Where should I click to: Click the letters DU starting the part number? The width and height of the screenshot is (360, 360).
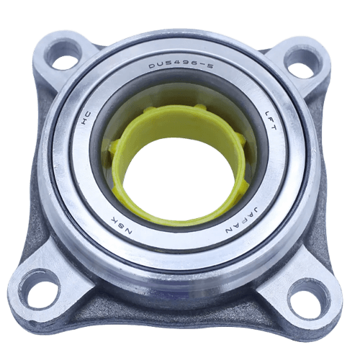tap(153, 69)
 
